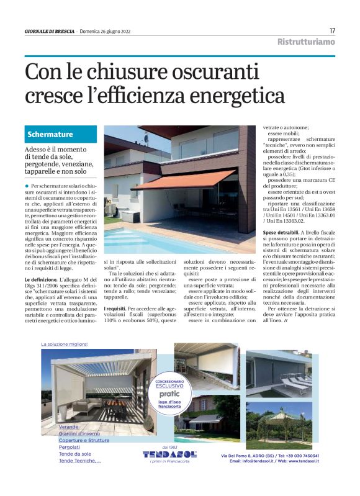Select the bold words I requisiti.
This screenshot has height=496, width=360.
(x=115, y=308)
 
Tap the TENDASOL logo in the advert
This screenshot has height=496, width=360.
(x=169, y=454)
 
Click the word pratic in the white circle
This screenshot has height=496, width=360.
(x=169, y=394)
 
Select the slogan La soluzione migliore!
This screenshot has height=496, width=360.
(x=65, y=344)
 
